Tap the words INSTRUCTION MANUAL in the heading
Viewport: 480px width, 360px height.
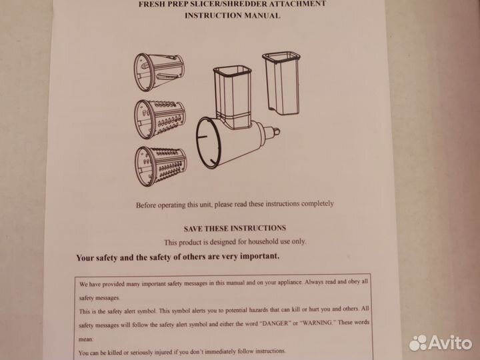[233, 15]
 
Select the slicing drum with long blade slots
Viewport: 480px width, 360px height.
[159, 72]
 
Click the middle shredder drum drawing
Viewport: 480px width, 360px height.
[160, 119]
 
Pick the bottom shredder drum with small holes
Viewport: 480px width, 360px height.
[161, 166]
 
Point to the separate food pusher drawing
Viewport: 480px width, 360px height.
[281, 83]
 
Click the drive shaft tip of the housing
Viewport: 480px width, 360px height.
[276, 131]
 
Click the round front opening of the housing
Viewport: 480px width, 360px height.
[208, 143]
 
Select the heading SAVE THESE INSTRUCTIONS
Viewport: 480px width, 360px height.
[235, 229]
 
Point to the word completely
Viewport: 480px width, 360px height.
[317, 203]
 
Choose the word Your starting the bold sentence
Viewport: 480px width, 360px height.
[85, 258]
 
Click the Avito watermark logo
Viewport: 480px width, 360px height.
[441, 343]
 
